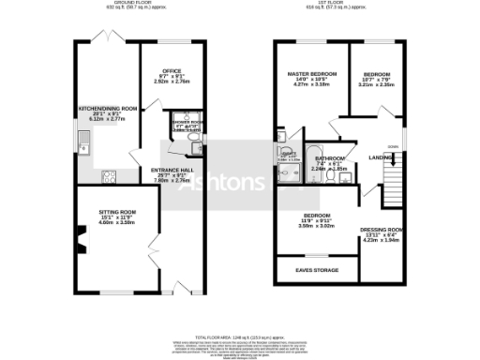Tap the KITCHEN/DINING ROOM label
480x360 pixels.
pos(111,108)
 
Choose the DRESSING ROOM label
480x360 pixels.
pos(382,229)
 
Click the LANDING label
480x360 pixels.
pos(382,157)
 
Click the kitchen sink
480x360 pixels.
pos(84,145)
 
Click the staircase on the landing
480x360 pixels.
pos(393,173)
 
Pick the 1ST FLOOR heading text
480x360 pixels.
pos(338,5)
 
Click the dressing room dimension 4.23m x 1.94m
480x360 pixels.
pos(382,240)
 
